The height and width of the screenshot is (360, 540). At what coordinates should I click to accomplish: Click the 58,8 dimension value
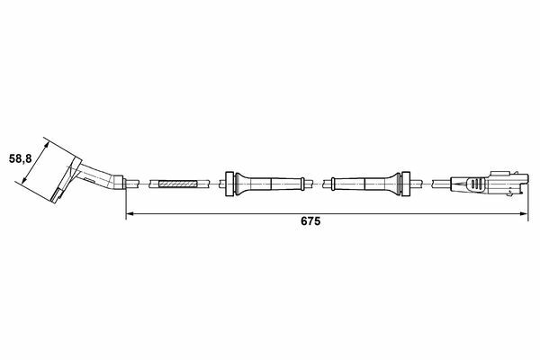pyautogui.click(x=21, y=158)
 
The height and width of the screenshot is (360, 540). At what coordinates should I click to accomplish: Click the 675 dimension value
pyautogui.click(x=310, y=221)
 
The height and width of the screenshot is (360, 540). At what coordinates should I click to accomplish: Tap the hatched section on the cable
pyautogui.click(x=177, y=184)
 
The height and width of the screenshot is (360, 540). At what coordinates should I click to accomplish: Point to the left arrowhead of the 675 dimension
pyautogui.click(x=130, y=214)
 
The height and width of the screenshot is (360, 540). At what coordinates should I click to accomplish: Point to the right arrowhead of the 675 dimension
pyautogui.click(x=524, y=214)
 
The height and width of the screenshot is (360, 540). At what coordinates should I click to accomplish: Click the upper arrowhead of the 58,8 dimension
pyautogui.click(x=47, y=146)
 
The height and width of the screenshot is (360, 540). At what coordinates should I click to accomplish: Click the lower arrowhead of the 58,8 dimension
pyautogui.click(x=24, y=180)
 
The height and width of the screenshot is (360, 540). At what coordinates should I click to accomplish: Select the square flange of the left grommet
pyautogui.click(x=229, y=184)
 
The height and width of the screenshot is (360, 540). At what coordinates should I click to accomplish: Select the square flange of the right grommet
pyautogui.click(x=405, y=184)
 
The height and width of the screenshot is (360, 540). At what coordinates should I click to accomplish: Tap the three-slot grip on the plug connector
pyautogui.click(x=475, y=184)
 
